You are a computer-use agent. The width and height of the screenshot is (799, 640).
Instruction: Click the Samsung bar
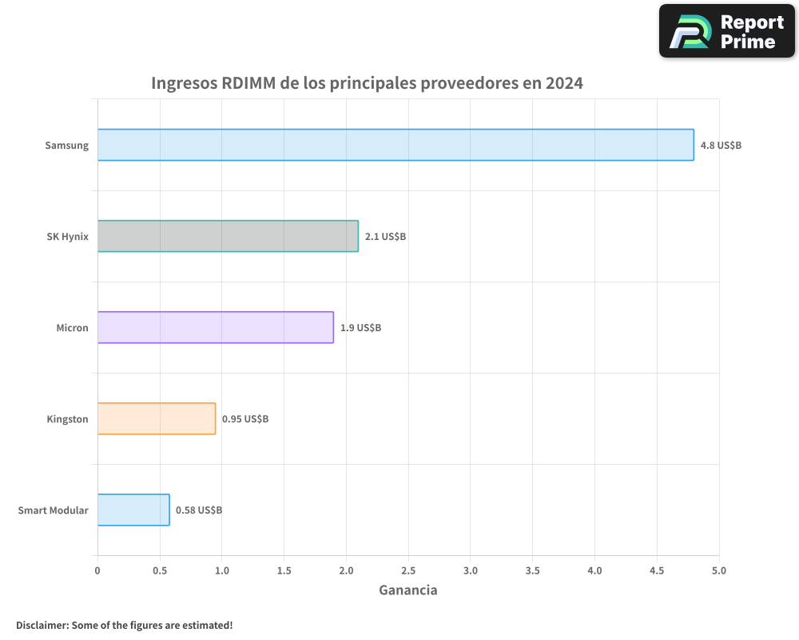(x=396, y=145)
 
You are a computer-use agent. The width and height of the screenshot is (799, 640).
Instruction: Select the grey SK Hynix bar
(x=228, y=236)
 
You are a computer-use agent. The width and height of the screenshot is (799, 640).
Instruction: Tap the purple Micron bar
(x=216, y=327)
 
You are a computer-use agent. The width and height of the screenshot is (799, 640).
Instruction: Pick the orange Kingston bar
(x=157, y=418)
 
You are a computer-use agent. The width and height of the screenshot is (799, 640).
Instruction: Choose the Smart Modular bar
(x=133, y=510)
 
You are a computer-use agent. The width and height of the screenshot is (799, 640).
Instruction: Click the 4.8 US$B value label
(x=721, y=146)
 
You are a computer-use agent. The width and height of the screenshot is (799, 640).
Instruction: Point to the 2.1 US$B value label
(x=385, y=237)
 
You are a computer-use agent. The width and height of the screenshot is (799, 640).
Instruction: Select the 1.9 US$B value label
(x=360, y=328)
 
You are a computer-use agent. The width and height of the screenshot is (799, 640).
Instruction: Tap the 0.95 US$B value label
(x=245, y=419)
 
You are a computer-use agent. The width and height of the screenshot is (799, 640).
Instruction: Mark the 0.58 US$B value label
(x=199, y=510)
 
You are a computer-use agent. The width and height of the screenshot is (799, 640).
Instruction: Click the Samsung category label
(x=66, y=146)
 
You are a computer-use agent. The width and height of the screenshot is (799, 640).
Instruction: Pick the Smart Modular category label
(x=53, y=510)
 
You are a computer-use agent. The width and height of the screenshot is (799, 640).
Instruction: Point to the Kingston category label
(x=67, y=419)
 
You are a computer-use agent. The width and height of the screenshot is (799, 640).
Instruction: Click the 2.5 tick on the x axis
(x=408, y=570)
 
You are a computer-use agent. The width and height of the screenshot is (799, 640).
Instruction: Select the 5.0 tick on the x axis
(x=719, y=570)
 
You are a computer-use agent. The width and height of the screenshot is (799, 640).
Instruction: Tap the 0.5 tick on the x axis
(x=160, y=570)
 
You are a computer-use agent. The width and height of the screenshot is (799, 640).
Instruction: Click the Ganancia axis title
(x=407, y=590)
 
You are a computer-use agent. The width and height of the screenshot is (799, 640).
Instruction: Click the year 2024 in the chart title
(x=564, y=83)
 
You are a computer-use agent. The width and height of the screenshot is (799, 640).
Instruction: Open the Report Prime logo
(x=727, y=31)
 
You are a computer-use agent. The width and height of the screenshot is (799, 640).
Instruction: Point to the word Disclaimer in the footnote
(x=42, y=625)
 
